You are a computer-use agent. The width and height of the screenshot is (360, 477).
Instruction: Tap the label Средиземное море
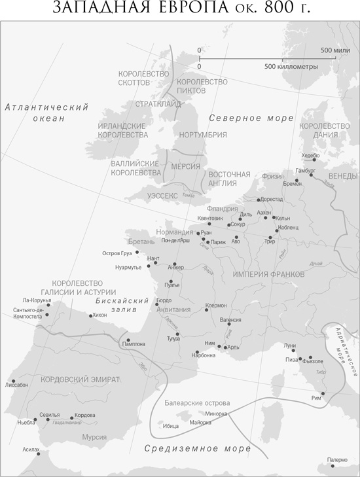(x=197, y=449)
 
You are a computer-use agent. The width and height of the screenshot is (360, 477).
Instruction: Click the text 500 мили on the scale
(x=334, y=50)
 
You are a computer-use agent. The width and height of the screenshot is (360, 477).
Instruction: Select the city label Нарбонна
(x=204, y=355)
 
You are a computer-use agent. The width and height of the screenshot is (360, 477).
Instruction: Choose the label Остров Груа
(x=118, y=253)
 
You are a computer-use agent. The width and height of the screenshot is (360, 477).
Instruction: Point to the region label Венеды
(x=344, y=177)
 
